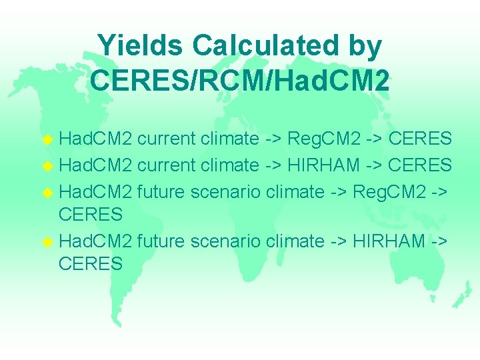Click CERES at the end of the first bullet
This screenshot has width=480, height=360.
point(420,139)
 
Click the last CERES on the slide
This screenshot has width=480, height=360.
point(91,265)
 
